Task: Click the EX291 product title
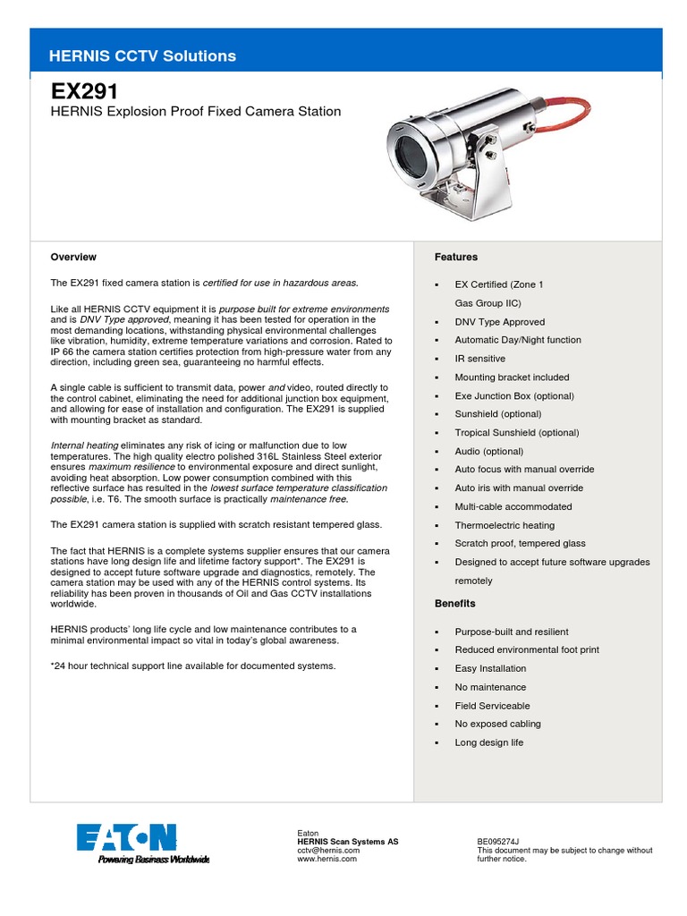(84, 92)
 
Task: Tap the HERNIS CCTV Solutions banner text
(143, 55)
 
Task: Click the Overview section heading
(73, 257)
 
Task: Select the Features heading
(456, 257)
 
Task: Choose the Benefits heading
(455, 604)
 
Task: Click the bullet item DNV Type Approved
(499, 322)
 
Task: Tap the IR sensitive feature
(479, 359)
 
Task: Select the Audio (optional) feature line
(488, 452)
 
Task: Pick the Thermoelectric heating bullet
(505, 526)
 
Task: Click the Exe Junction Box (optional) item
(514, 396)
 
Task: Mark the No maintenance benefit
(490, 687)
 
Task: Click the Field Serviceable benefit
(492, 706)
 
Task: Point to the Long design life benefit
(489, 742)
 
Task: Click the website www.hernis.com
(327, 859)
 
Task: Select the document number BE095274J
(498, 842)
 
